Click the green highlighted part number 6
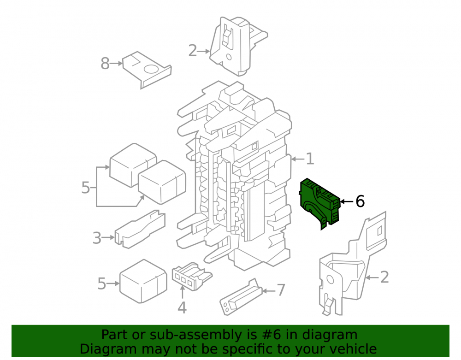[319, 203]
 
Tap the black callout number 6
[360, 201]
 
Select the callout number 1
[310, 159]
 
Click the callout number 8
[105, 64]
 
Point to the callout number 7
[281, 290]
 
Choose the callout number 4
[182, 308]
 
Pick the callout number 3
[97, 238]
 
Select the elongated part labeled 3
[140, 229]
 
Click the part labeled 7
[241, 297]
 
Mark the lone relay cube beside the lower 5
[143, 281]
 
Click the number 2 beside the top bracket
[193, 51]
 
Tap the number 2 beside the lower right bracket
[384, 277]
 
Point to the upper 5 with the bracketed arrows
[85, 188]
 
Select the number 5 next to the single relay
[101, 284]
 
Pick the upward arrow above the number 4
[182, 292]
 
